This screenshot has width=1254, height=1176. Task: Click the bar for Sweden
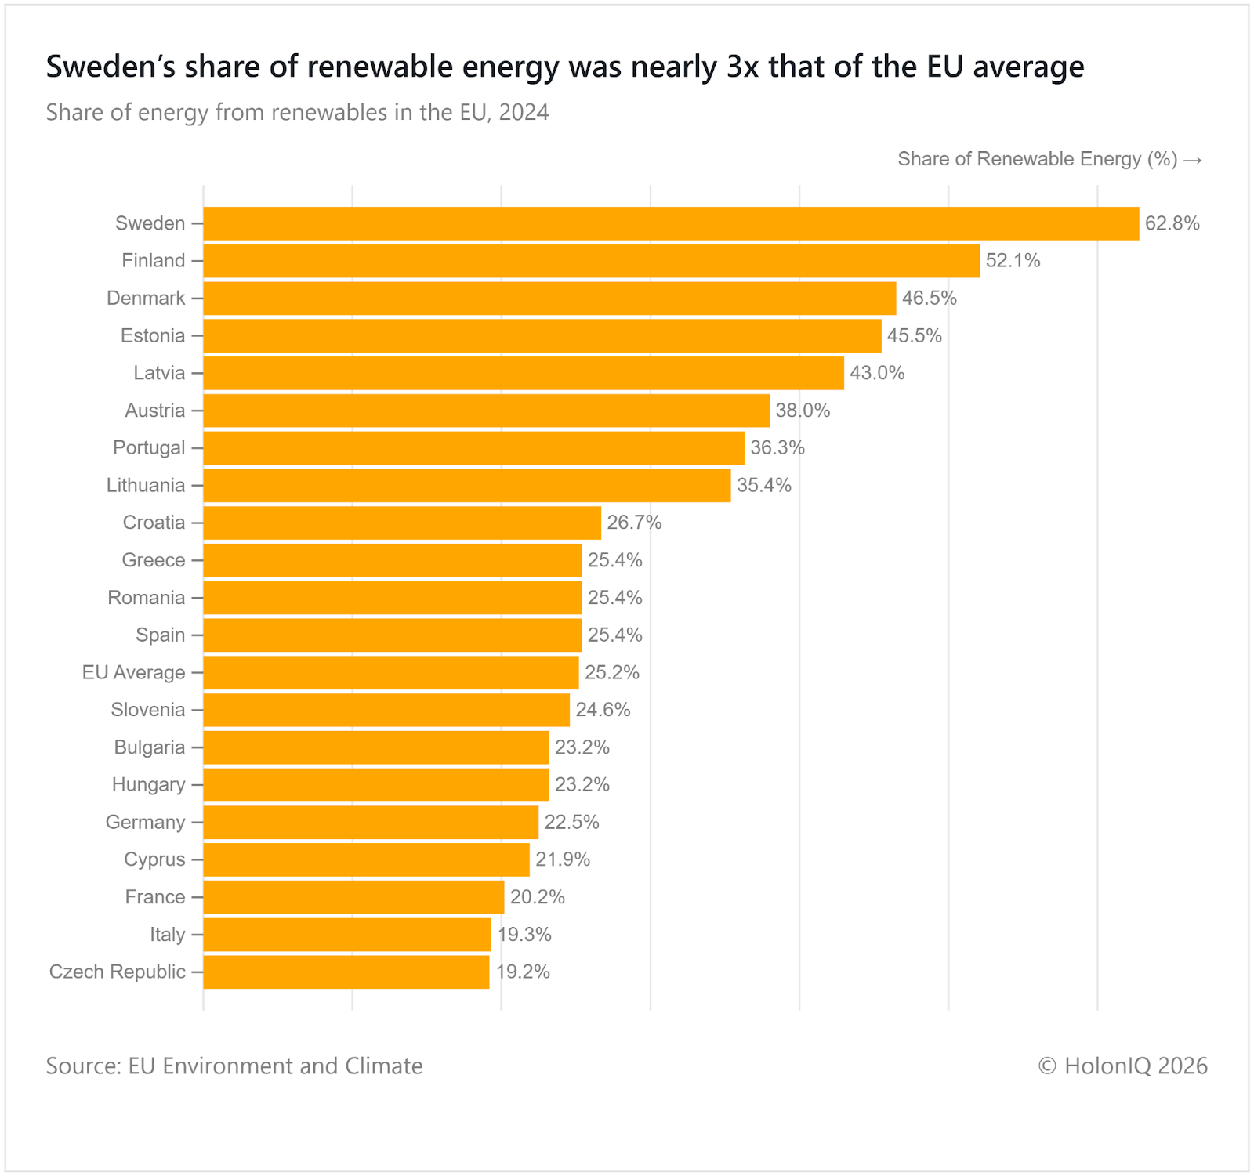coord(670,223)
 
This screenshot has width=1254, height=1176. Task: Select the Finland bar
coord(591,261)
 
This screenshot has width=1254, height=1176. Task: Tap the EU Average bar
coord(390,672)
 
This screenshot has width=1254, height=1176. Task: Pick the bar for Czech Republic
coord(346,972)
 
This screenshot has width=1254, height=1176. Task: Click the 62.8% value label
coord(1172,223)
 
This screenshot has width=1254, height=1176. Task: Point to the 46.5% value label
coord(929,299)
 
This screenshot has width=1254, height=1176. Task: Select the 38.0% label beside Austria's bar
coord(803,411)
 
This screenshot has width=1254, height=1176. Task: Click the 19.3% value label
coord(524,935)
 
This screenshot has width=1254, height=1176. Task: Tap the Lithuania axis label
coord(146,486)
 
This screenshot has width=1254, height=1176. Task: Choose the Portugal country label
coord(149,448)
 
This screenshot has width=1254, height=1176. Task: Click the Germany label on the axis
coord(145,823)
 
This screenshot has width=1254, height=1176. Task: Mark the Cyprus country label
coord(154,859)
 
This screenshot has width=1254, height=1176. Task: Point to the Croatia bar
coord(401,523)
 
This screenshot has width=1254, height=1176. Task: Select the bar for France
coord(353,897)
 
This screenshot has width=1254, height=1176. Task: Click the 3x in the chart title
coord(742,67)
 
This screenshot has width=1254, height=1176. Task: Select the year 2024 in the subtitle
coord(524,113)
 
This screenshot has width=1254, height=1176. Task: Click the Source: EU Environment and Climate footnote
coord(234,1066)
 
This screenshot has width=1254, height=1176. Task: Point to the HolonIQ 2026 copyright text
coord(1122,1066)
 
